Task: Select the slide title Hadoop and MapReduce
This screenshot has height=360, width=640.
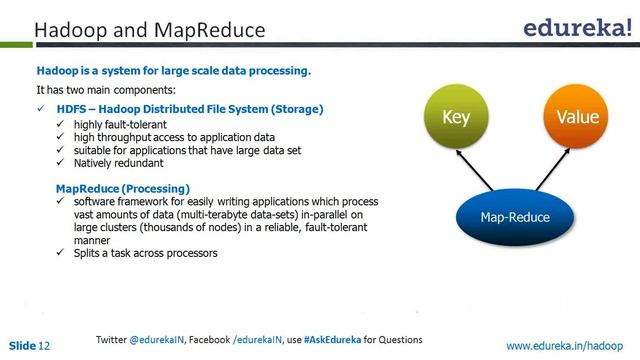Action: tap(150, 31)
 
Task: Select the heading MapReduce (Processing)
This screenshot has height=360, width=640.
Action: tap(122, 188)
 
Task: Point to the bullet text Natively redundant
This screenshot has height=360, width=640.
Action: tap(118, 162)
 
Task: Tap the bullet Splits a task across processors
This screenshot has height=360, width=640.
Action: tap(145, 253)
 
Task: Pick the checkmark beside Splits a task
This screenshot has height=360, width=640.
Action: tap(61, 253)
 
